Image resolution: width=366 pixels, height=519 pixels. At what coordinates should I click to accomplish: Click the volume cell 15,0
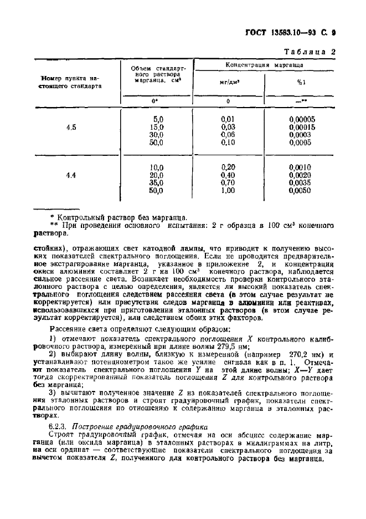coord(158,127)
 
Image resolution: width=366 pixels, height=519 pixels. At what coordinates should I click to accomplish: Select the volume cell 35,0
coord(158,183)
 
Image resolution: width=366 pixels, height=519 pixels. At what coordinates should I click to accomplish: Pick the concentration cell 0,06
coord(228,135)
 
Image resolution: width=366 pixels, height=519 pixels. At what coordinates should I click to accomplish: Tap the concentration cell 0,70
coord(228,183)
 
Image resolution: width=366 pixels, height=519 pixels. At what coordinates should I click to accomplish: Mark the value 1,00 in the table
coord(228,191)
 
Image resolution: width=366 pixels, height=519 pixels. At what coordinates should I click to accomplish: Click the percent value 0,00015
coord(302,127)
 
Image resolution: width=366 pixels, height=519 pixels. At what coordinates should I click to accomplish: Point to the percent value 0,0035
coord(302,183)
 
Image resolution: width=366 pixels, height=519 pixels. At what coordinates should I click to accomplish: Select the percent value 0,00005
coord(302,119)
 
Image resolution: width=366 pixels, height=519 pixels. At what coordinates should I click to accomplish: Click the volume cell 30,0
coord(158,135)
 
